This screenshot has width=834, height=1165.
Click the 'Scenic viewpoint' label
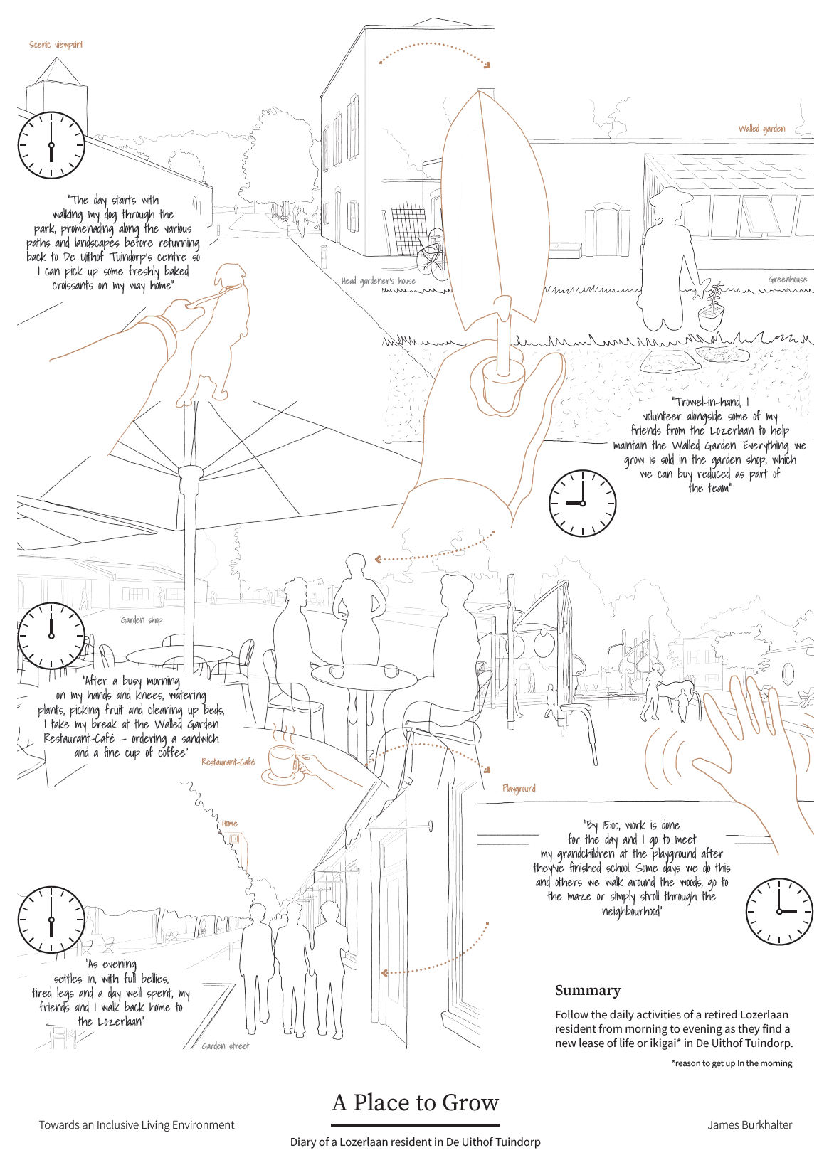coord(56,45)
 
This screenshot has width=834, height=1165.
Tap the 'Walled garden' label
coord(761,129)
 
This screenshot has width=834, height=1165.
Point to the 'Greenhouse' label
coord(788,280)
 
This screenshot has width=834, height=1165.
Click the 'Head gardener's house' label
coord(379,281)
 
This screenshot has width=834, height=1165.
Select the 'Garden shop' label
coord(142,620)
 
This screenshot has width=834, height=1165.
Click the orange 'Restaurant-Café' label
coord(228,762)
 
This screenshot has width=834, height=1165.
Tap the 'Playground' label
coord(519,789)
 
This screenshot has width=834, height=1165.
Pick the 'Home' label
coord(229,824)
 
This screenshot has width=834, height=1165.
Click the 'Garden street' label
coord(226,1046)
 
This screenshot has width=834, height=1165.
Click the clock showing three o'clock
coord(779,911)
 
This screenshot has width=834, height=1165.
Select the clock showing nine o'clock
coord(583,503)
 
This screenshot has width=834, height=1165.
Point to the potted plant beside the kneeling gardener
coord(711,307)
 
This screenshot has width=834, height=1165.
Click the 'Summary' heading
coord(587,991)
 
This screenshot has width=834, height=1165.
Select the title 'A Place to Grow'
coord(416,1102)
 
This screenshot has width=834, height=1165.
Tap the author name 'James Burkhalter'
coord(750,1125)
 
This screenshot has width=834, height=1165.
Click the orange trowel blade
coord(495,208)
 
